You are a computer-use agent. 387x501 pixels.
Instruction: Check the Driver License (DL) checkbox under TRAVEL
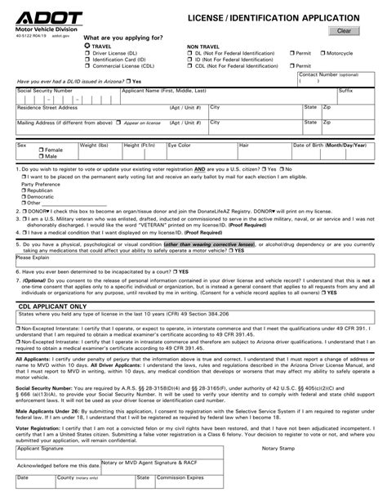click(88, 53)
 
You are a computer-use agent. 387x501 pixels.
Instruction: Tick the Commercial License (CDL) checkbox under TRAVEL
click(88, 66)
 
